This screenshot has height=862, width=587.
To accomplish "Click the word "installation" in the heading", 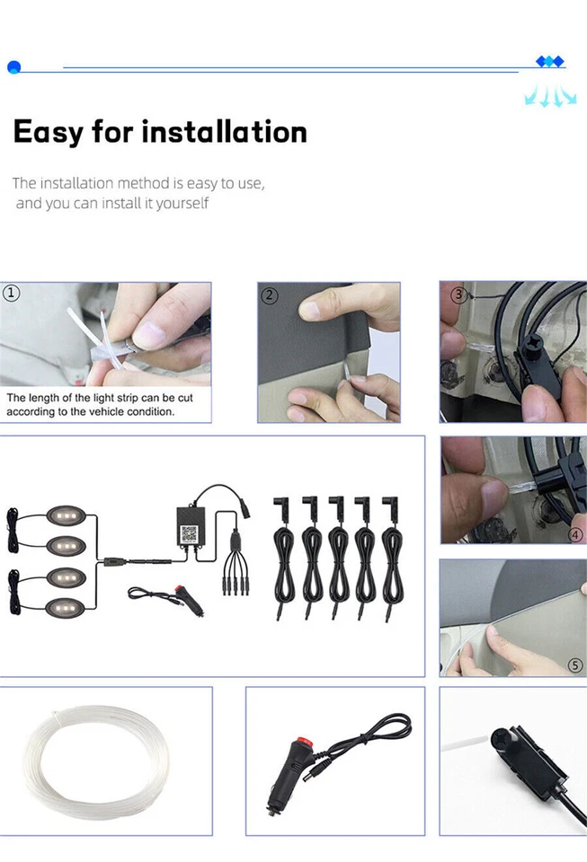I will click(x=225, y=132).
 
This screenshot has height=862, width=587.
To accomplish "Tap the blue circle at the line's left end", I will click(x=13, y=66).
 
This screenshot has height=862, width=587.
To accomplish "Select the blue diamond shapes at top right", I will click(x=549, y=61).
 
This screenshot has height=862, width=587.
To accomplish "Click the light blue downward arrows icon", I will click(x=549, y=95).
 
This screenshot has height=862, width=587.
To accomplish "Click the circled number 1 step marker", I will click(x=12, y=293).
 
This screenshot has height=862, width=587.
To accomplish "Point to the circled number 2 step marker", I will click(x=270, y=295).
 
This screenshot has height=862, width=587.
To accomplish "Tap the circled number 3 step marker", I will click(x=458, y=295).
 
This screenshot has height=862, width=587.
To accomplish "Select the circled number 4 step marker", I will click(x=575, y=534).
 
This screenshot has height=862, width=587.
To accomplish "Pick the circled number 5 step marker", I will click(x=575, y=665).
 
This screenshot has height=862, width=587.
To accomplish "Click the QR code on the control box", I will click(x=191, y=533).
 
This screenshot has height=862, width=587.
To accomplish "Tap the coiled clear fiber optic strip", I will click(x=95, y=761).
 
